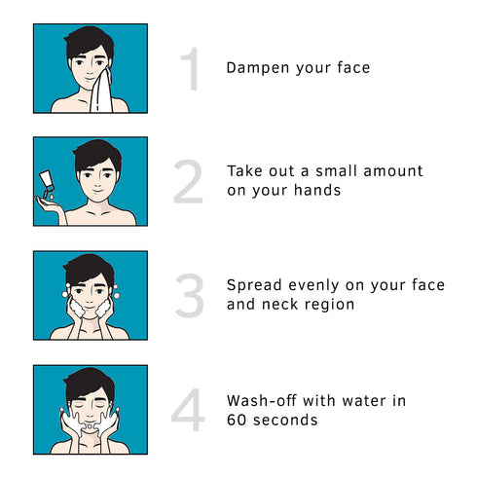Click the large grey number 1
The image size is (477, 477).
(191, 69)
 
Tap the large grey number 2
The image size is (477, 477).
(189, 181)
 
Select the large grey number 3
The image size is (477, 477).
(189, 296)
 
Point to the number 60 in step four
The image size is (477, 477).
(237, 421)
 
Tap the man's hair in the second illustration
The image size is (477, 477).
(95, 154)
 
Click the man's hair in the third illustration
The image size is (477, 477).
(89, 266)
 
